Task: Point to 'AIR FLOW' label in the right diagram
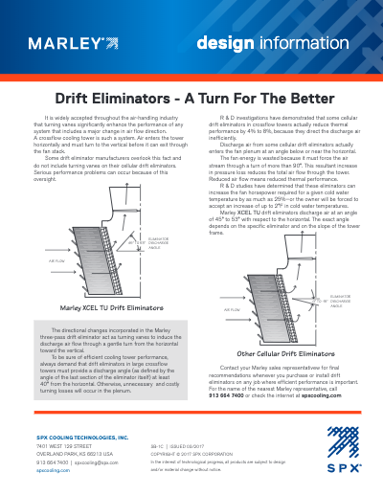[232, 310]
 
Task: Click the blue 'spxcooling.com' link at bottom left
[54, 470]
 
